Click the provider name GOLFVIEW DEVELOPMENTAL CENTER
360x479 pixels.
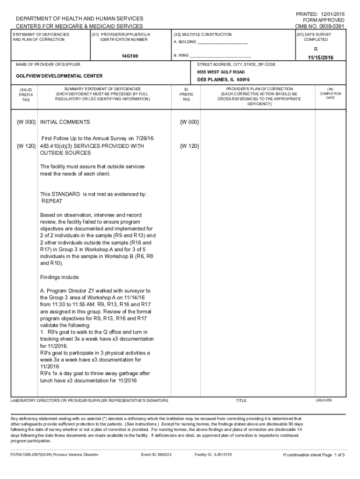[x=59, y=76]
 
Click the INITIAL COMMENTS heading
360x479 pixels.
[x=65, y=122]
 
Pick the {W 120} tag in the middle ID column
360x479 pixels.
[x=189, y=146]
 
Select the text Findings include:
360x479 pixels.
[x=60, y=277]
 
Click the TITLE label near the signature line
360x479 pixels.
[x=241, y=400]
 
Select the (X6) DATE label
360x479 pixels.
[x=324, y=400]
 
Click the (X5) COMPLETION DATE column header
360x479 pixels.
[x=330, y=93]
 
